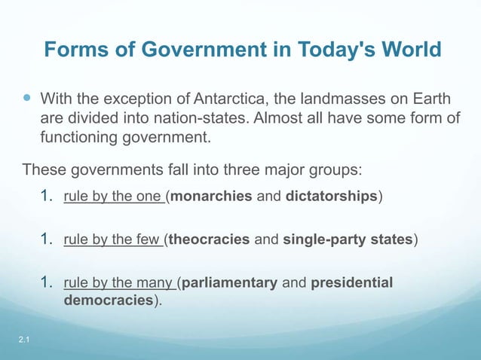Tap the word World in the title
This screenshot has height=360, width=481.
pos(408,50)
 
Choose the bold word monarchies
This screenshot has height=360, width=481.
pos(212,197)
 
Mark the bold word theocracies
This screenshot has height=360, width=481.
pos(208,241)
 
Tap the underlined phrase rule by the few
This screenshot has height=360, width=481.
pos(115,241)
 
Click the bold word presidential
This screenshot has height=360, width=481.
pos(352,284)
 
